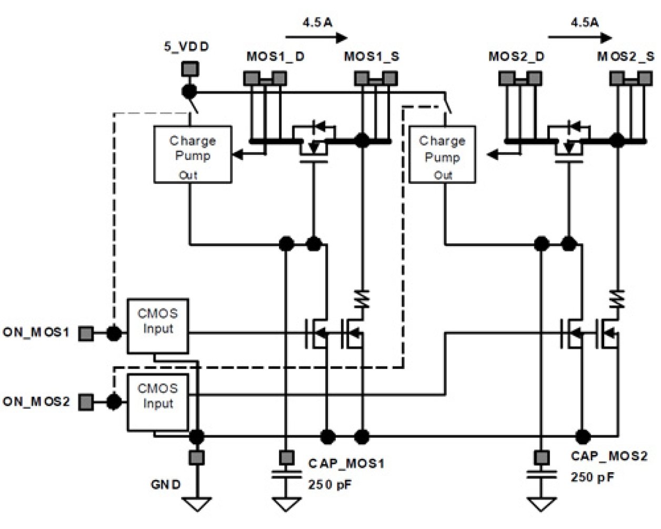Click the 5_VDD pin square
[189, 68]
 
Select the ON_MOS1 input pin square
[86, 333]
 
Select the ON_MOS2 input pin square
[86, 402]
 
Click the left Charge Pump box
[192, 154]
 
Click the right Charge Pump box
[442, 154]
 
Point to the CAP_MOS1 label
[346, 463]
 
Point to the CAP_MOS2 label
[609, 456]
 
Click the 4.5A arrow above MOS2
[579, 37]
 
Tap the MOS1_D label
[275, 56]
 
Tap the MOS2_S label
[626, 56]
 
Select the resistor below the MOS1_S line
[362, 299]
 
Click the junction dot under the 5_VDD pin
[189, 92]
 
